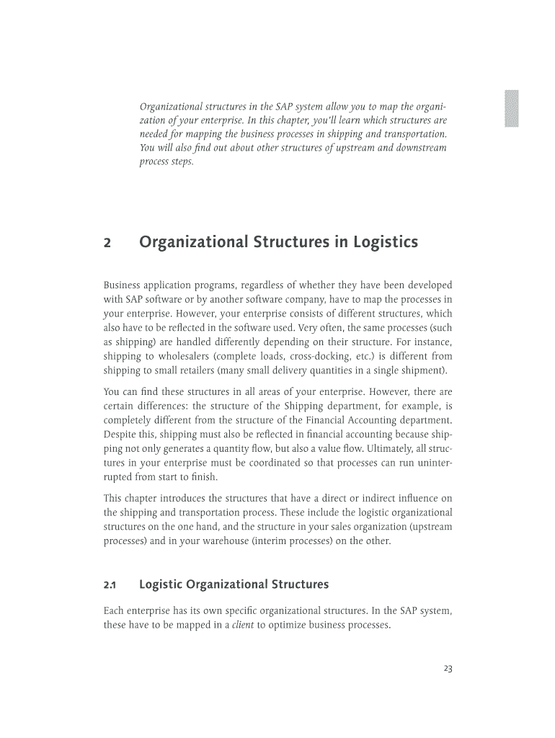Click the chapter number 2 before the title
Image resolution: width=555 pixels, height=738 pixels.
[x=107, y=243]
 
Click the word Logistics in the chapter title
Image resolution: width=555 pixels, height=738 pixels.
[x=383, y=243]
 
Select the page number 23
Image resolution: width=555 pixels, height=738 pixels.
[x=448, y=669]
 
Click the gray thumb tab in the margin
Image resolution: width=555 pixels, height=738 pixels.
[x=511, y=109]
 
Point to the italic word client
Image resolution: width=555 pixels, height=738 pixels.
[x=242, y=625]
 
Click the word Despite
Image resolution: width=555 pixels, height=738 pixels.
[x=120, y=434]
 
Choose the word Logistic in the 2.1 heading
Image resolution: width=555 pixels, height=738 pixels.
[x=162, y=584]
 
